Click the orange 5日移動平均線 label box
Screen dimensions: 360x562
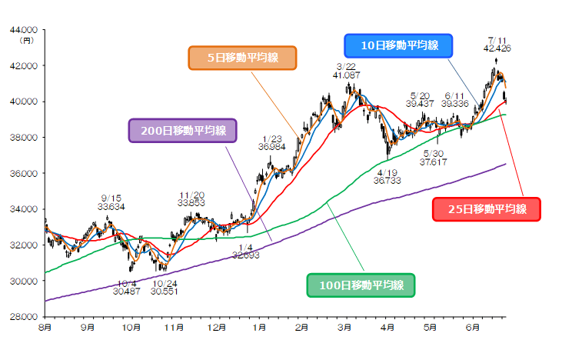242,58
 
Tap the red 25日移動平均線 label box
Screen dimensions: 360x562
486,208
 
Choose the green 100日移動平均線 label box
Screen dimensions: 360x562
361,285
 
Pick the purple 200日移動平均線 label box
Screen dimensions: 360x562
183,130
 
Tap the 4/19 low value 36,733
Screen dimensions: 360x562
389,180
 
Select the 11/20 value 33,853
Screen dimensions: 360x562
191,203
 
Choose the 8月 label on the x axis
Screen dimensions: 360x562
45,328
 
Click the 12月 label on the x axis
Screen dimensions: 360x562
217,328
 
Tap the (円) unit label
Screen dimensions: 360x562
28,39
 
